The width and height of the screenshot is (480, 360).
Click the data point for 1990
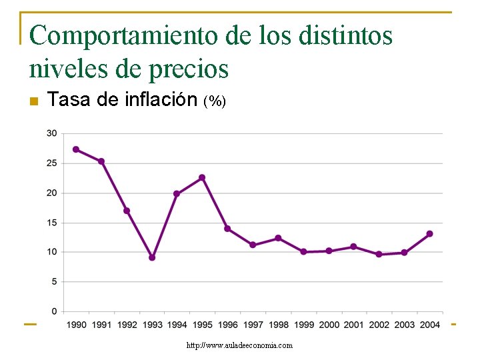76,149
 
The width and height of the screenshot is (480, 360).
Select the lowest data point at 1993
152,257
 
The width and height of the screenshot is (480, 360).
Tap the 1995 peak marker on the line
202,177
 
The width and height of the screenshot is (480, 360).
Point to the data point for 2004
429,234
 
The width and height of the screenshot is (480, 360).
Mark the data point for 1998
278,238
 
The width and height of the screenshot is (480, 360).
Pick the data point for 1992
127,211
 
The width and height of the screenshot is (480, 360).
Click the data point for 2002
379,254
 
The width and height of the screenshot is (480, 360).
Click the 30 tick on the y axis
51,133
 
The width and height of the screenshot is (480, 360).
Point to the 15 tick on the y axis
51,223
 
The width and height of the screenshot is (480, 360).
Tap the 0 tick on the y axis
54,311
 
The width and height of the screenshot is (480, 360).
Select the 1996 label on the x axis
227,325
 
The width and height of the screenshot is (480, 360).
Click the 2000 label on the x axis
329,325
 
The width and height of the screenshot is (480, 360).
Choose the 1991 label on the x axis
101,325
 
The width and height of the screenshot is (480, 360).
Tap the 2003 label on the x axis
405,325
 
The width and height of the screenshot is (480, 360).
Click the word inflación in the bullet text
161,100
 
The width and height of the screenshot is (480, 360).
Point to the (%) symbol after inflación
215,101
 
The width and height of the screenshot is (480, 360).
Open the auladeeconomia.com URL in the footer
239,345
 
